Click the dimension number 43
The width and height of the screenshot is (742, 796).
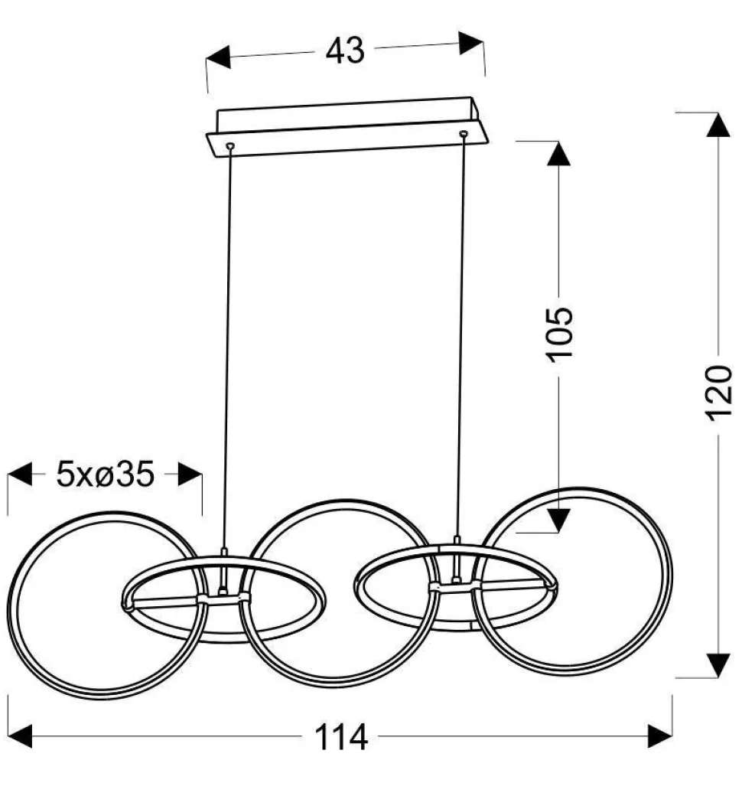(344, 51)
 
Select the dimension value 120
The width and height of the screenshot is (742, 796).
(718, 393)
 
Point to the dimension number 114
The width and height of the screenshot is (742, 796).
(341, 738)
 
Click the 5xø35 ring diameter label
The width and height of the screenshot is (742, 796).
(105, 475)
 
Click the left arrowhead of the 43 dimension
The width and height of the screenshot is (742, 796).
(218, 57)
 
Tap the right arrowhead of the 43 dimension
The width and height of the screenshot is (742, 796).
(471, 43)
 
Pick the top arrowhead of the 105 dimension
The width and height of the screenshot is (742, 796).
(558, 154)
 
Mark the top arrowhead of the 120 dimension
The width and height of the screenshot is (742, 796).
(718, 125)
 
